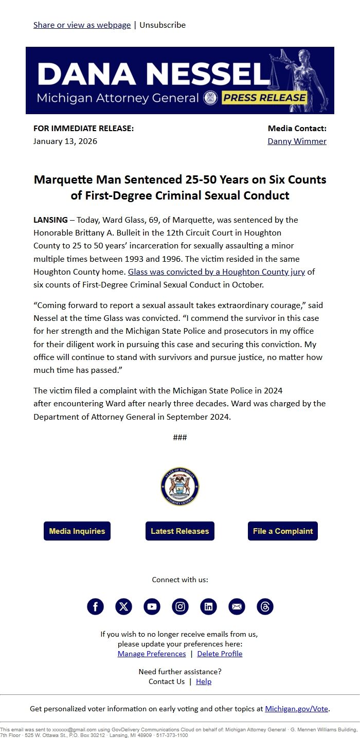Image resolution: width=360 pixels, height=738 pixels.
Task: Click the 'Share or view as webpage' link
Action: point(82,25)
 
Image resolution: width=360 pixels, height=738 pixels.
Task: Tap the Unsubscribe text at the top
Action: point(163,25)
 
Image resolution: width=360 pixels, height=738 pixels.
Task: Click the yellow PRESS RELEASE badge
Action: point(264,98)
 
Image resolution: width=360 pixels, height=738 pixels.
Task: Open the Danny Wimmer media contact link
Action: point(297,141)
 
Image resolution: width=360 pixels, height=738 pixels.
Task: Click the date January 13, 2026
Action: point(65,141)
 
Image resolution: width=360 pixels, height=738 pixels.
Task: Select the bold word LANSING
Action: point(50,220)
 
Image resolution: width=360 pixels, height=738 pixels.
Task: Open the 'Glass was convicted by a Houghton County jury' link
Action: point(217,272)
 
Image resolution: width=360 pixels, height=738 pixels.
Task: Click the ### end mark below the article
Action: point(180,438)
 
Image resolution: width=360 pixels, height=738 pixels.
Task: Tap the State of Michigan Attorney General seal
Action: point(180,487)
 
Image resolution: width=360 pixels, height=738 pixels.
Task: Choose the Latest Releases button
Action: point(180,531)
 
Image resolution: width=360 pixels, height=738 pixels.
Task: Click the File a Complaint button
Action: point(283,531)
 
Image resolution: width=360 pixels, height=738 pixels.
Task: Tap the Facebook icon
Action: point(95,607)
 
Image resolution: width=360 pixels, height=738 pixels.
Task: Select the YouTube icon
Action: point(152,607)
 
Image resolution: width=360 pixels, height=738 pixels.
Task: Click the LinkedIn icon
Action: point(208,607)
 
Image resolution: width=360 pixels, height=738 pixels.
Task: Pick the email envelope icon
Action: point(237,607)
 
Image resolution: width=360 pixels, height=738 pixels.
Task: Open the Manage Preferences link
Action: point(152,654)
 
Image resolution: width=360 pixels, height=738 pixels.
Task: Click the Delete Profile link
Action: point(220,654)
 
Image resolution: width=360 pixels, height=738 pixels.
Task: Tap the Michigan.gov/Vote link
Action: point(296,709)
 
